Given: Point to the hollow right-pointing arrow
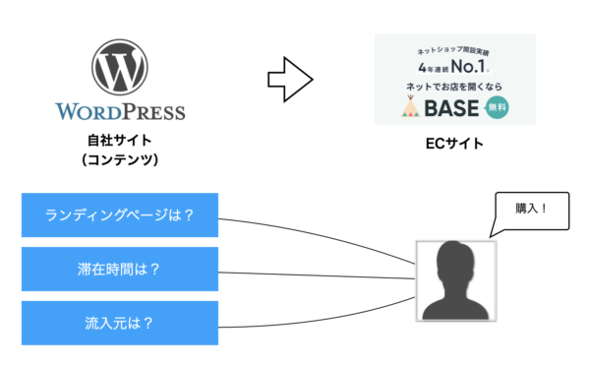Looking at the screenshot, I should [291, 79].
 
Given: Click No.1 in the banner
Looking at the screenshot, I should [472, 69].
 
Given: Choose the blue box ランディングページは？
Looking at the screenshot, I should [119, 215].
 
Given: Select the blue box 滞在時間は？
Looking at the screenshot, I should [119, 269].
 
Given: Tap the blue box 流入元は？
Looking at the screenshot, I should [119, 322].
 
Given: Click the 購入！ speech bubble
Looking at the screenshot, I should [532, 210].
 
